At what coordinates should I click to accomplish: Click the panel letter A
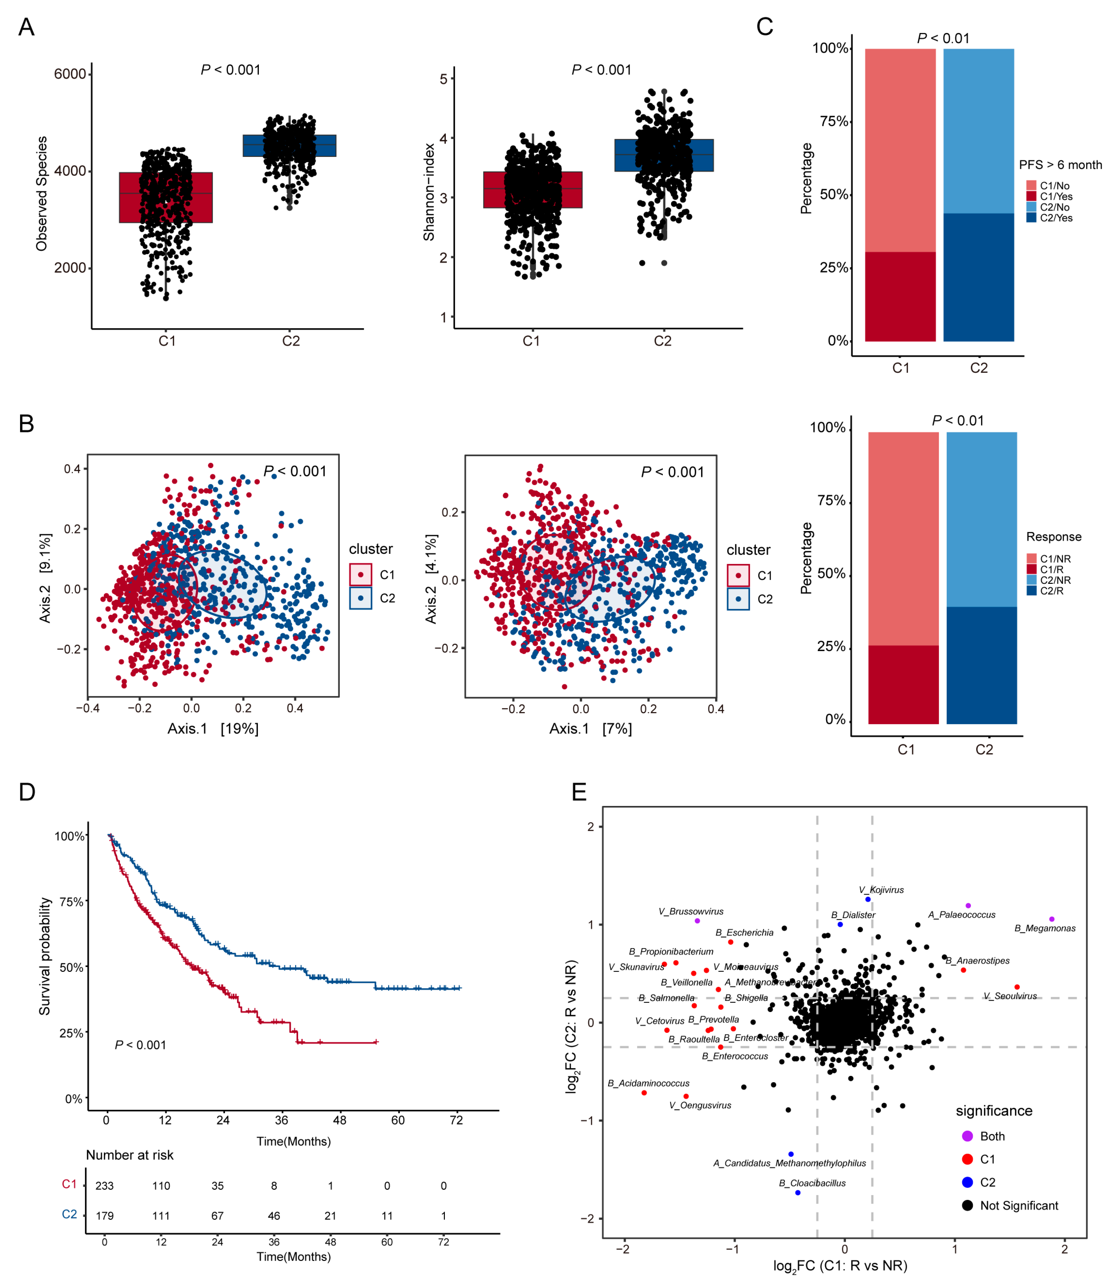tap(26, 27)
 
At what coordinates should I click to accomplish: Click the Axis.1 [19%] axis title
tap(213, 729)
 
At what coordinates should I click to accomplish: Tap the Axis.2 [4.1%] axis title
tap(431, 579)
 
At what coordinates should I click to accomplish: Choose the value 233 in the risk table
tap(104, 1186)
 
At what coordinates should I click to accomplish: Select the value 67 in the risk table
tap(217, 1216)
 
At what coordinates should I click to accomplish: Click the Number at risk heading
tap(129, 1155)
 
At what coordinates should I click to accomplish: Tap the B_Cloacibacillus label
tap(812, 1183)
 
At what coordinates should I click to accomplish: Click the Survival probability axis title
tap(45, 956)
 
